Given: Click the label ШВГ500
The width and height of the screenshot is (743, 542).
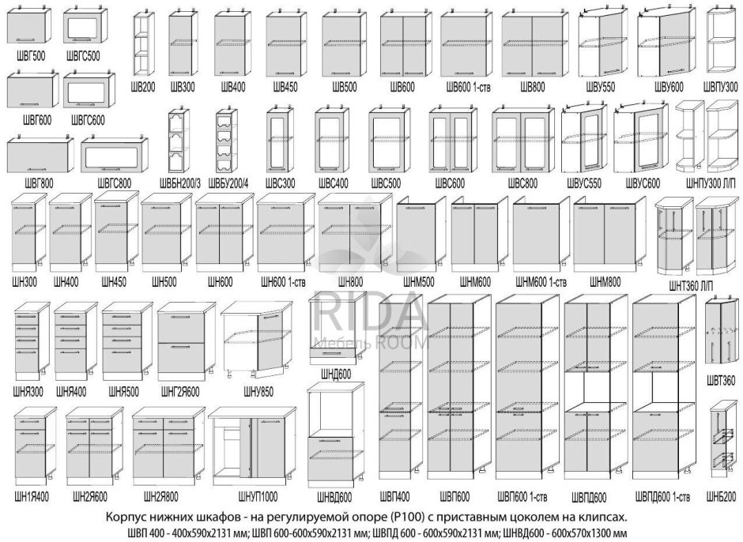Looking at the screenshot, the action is (29, 56).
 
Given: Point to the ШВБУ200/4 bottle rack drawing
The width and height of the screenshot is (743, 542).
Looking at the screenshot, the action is (226, 141).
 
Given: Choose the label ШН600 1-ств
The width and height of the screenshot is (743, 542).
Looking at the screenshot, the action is (283, 282).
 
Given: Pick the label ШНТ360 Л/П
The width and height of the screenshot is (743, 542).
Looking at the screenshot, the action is (691, 285).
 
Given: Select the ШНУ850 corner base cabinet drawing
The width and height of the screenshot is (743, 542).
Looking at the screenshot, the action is (256, 338).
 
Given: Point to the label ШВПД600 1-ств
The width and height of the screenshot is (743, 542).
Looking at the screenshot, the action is (662, 498).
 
